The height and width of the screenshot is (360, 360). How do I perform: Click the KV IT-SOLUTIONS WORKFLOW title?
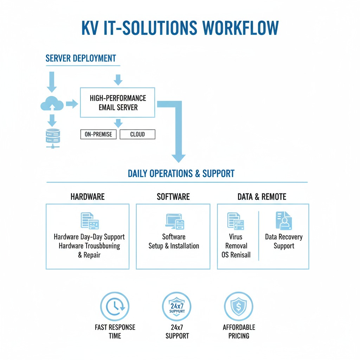coord(180,28)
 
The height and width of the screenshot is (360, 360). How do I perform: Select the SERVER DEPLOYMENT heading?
coord(81,58)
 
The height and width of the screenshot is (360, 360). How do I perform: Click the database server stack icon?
coord(53,137)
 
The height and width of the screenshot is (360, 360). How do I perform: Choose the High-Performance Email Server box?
coord(117,102)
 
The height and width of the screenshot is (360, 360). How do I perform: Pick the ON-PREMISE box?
coord(98,134)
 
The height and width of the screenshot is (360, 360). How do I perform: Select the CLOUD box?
coord(137,134)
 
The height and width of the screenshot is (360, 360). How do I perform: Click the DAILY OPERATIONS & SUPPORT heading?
coord(181,173)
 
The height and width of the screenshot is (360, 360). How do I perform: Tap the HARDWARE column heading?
coord(88,196)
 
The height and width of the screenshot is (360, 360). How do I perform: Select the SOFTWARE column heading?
coord(173,196)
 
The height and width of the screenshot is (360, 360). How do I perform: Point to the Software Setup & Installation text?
coord(174,241)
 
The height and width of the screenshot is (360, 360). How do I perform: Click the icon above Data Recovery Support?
coord(283,221)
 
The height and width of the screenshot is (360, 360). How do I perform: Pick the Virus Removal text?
coord(236,241)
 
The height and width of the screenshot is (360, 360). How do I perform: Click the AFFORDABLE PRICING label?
coord(239,331)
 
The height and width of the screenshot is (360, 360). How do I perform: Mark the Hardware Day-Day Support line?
coord(89,237)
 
